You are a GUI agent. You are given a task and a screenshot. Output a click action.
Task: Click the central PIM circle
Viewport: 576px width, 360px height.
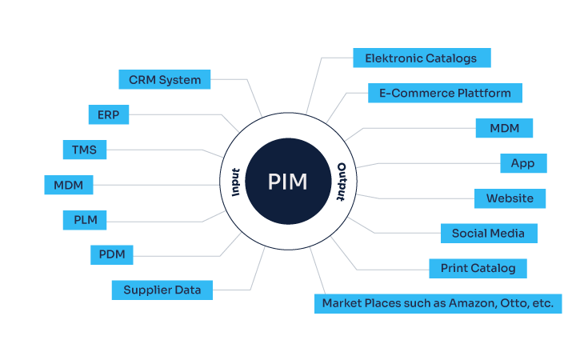coord(287,182)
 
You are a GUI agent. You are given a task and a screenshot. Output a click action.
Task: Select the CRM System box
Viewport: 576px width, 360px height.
coord(165,79)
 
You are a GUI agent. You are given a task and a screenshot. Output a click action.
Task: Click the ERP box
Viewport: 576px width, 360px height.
coord(108,114)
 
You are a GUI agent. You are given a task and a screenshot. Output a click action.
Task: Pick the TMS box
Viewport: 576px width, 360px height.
coord(85,150)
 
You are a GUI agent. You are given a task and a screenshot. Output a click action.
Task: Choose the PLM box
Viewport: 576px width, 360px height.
coord(85,219)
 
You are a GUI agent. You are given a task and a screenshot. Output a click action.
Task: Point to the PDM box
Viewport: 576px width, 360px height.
coord(112,255)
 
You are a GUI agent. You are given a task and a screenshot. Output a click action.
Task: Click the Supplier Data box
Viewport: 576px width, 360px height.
coord(162,290)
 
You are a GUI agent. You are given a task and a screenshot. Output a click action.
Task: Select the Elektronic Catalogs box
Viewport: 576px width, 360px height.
coord(421,58)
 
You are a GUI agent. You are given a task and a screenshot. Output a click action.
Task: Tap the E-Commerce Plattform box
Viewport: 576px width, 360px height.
coord(445,93)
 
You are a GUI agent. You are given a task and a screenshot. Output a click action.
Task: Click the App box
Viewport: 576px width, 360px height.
coord(522,163)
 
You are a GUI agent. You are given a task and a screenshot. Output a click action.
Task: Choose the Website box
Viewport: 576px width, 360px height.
coord(510,198)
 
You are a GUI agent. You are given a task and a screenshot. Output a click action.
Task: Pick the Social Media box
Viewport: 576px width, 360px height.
coord(488,233)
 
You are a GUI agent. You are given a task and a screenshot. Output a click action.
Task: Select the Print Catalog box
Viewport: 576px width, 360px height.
coord(478,268)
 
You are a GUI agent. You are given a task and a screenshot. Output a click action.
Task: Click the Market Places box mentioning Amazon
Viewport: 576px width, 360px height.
coord(437,303)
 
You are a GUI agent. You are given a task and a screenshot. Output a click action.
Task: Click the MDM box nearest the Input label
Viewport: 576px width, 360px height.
coord(69,185)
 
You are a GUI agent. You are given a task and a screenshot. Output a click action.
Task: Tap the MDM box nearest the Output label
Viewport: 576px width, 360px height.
coord(504,128)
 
